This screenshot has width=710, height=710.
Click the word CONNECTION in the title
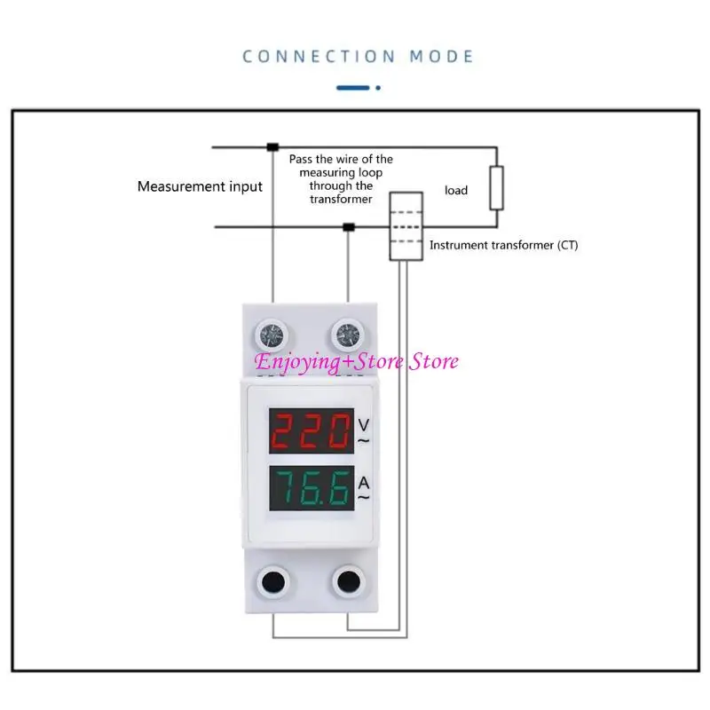tap(319, 57)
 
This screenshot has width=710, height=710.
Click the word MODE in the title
tap(441, 57)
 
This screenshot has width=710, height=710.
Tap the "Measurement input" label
tap(200, 186)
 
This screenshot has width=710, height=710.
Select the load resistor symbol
tap(497, 187)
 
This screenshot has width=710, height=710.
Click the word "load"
tap(456, 190)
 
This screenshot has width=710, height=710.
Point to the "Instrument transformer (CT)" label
tap(503, 245)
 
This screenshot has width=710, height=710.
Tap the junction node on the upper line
tap(272, 146)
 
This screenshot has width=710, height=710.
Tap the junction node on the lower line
tap(349, 228)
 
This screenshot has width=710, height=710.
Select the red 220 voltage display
tap(308, 433)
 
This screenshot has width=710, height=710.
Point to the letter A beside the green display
tap(364, 483)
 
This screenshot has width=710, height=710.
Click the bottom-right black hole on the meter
tap(345, 581)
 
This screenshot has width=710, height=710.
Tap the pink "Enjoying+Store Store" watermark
tap(357, 361)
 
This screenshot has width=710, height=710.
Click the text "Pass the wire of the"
tap(341, 159)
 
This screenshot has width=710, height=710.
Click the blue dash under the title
tap(354, 87)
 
